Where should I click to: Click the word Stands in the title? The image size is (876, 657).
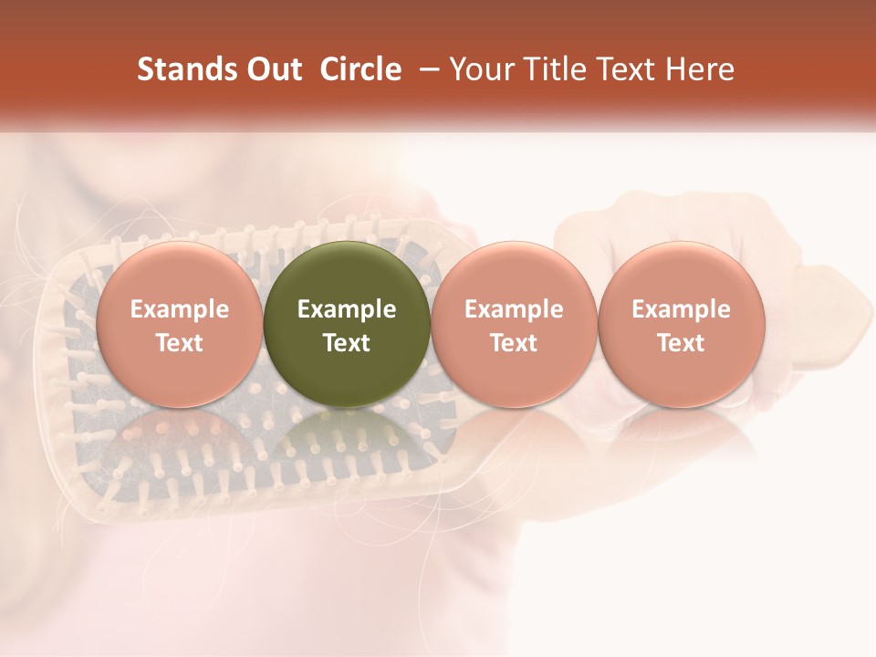pyautogui.click(x=182, y=69)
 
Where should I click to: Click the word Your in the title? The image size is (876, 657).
pyautogui.click(x=480, y=69)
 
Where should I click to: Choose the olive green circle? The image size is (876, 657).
pyautogui.click(x=347, y=274)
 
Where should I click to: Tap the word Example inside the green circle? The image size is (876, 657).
pyautogui.click(x=347, y=309)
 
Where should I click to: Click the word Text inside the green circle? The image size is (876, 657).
pyautogui.click(x=347, y=343)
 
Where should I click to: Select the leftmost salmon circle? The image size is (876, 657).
pyautogui.click(x=179, y=274)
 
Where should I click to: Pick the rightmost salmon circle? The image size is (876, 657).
pyautogui.click(x=682, y=274)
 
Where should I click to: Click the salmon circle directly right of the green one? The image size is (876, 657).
pyautogui.click(x=514, y=274)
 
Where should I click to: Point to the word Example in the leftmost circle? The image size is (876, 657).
pyautogui.click(x=179, y=309)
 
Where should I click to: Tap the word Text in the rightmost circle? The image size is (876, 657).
pyautogui.click(x=682, y=343)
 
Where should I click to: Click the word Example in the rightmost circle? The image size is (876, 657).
pyautogui.click(x=682, y=309)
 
